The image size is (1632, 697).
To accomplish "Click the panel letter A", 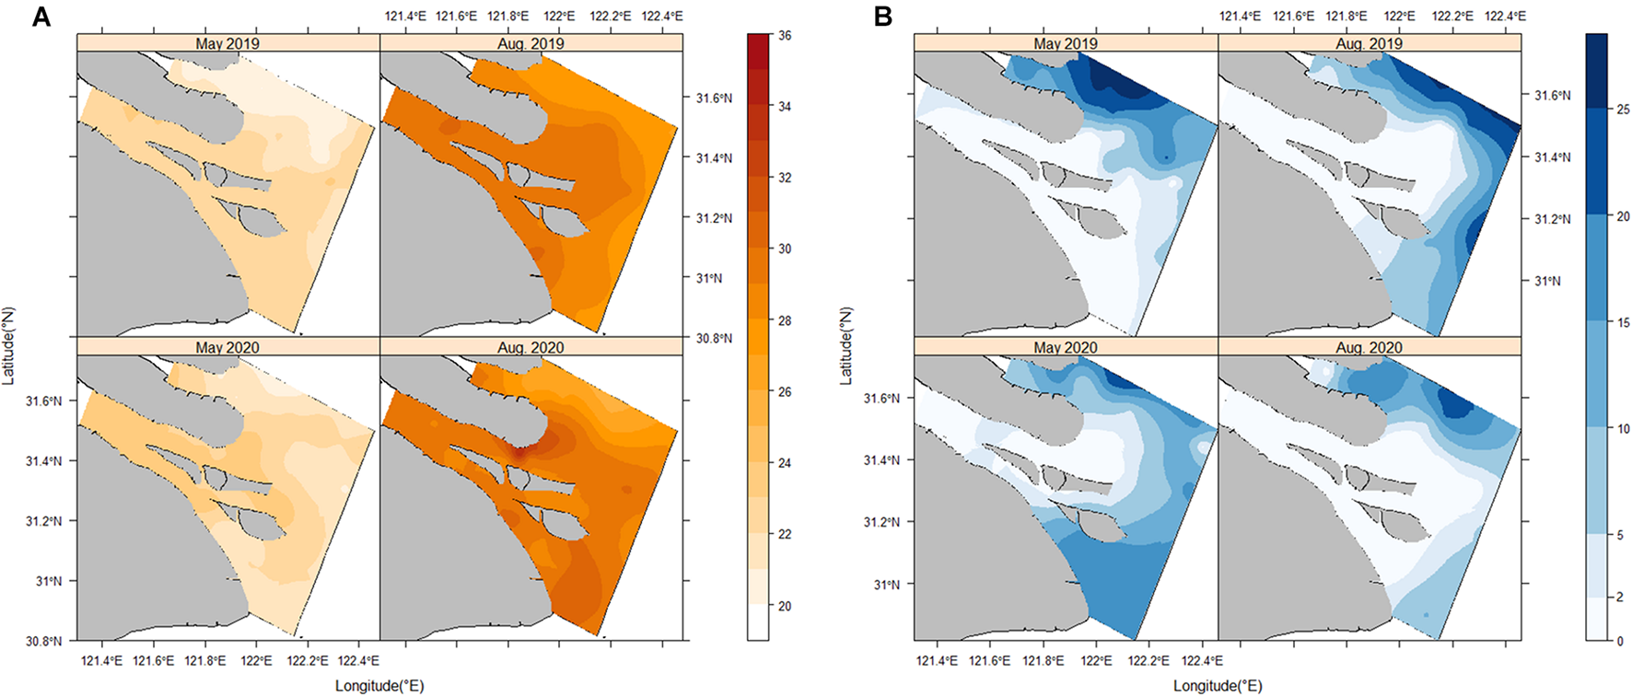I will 41,17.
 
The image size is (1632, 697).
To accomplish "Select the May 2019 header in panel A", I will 227,43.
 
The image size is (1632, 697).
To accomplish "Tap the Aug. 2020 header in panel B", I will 1369,347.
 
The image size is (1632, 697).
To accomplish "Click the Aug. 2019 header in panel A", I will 530,43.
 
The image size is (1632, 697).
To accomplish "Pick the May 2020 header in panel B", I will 1065,347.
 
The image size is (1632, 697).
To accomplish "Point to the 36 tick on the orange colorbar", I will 785,36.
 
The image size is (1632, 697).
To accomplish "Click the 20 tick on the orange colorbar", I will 785,606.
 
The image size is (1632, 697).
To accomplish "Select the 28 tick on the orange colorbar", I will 785,320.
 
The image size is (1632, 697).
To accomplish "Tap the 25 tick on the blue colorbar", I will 1623,109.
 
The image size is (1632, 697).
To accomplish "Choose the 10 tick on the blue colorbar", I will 1623,429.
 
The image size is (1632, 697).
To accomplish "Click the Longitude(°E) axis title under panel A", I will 379,686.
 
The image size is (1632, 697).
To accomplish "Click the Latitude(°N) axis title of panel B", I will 845,345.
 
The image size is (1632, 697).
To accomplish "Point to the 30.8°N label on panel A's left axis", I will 44,641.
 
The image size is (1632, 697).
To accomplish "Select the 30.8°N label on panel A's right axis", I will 714,338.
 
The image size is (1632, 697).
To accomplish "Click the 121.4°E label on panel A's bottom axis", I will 101,660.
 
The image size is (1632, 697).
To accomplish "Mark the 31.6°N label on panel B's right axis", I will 1552,96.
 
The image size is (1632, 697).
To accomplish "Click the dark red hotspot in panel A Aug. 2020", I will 518,451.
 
